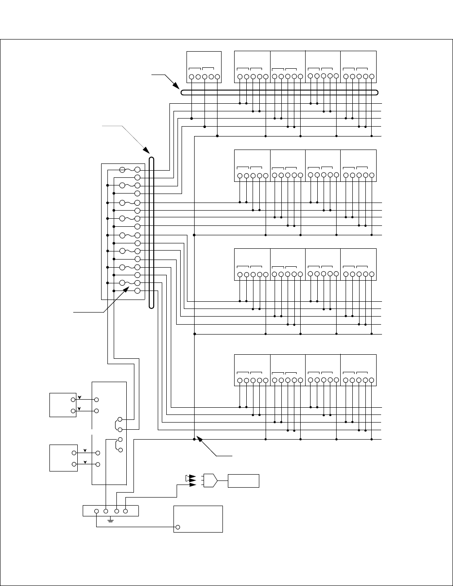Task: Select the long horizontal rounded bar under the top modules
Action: pos(279,93)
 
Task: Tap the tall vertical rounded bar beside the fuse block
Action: pos(151,233)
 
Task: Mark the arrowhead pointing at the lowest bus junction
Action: pos(200,441)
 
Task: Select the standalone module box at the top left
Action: pos(204,66)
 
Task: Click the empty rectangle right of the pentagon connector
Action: pos(244,480)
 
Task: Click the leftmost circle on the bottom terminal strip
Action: pos(97,511)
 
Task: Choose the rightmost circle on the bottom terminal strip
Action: pos(125,511)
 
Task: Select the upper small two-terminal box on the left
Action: pos(62,405)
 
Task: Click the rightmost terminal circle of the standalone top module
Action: pos(217,77)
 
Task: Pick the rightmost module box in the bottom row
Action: pos(358,370)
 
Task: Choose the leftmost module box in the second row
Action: pos(252,166)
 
